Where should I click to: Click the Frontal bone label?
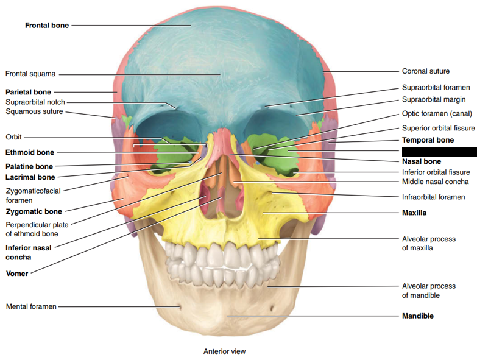[46, 26]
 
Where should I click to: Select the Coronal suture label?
[425, 71]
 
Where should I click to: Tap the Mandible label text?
[418, 316]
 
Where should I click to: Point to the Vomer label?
[17, 274]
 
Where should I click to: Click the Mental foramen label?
[31, 306]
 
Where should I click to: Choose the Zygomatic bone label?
[34, 211]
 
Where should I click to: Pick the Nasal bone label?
[421, 162]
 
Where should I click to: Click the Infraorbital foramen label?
[433, 197]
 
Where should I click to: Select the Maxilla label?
[414, 213]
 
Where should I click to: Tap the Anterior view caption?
[224, 351]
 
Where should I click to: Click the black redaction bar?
[439, 151]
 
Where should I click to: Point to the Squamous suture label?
[34, 111]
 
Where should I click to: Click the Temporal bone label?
[428, 140]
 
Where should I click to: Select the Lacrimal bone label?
[30, 177]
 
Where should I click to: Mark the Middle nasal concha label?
[435, 182]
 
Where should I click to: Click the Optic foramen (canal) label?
[437, 113]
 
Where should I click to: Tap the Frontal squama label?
[30, 74]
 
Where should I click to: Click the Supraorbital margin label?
[434, 99]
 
